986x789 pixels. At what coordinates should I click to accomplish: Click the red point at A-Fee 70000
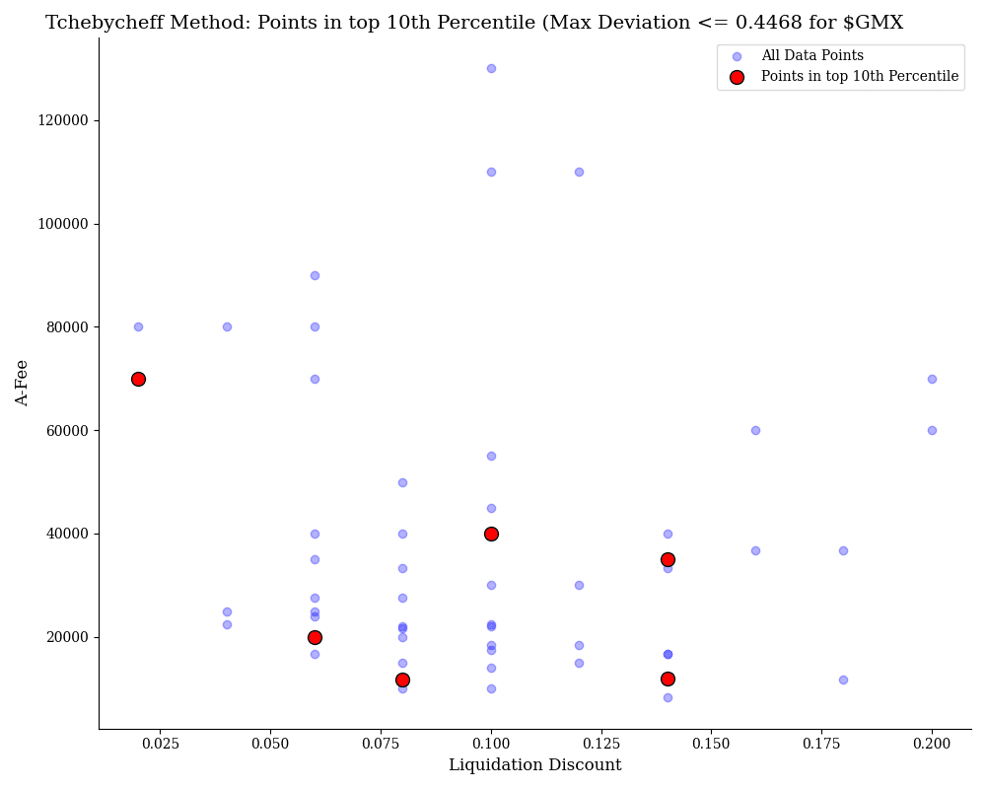point(138,379)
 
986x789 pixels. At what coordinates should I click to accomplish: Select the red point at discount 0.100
point(491,534)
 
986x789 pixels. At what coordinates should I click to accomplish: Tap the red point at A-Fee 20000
point(315,637)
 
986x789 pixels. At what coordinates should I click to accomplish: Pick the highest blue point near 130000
point(491,68)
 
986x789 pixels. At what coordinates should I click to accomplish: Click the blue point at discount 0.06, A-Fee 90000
point(315,275)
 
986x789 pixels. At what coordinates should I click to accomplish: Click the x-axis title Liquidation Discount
point(534,765)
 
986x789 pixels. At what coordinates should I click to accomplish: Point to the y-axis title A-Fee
point(23,383)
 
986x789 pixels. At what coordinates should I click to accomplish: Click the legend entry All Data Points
point(811,56)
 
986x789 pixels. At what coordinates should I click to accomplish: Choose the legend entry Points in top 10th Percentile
point(859,77)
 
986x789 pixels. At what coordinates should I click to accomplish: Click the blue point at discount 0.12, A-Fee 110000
point(579,172)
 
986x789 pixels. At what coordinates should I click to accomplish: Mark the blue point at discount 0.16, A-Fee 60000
point(755,430)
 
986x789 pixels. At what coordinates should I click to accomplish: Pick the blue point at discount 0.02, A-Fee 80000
point(138,326)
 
